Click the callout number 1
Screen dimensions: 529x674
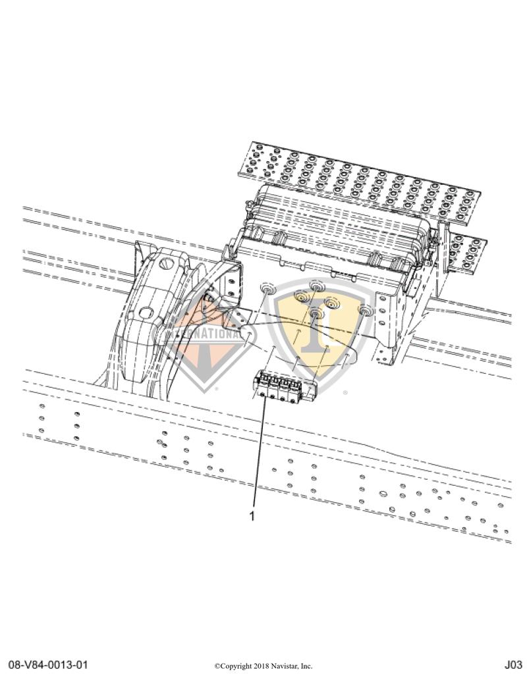[x=252, y=516]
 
